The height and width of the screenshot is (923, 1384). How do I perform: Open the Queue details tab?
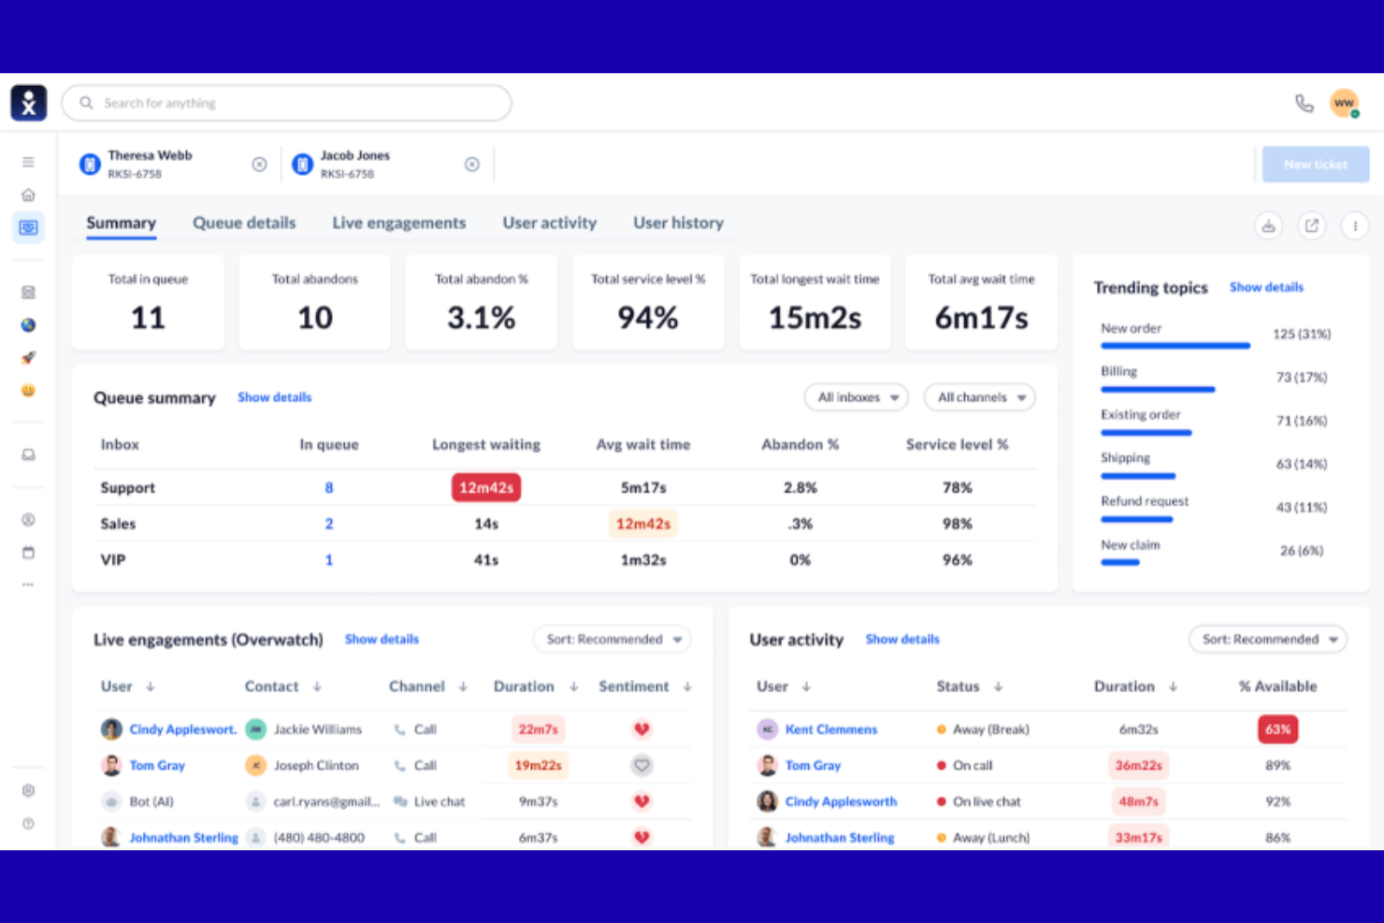(x=244, y=223)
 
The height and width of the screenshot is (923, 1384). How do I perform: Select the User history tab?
(x=678, y=223)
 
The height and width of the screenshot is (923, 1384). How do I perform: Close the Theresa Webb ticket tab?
(x=259, y=165)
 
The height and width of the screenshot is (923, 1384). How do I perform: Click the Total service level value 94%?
(x=647, y=318)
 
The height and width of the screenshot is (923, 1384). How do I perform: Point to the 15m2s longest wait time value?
(x=815, y=318)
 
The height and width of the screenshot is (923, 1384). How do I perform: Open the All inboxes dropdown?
(x=857, y=397)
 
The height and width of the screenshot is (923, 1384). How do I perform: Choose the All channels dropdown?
(x=979, y=397)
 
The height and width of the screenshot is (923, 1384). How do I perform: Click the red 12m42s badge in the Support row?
(x=486, y=487)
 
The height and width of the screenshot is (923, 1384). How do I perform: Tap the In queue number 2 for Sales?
(x=329, y=524)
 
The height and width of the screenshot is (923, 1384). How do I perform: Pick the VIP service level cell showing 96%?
(x=957, y=560)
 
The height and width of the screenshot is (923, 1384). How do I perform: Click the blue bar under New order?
(x=1175, y=346)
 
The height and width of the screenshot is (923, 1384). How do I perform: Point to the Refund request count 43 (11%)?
(x=1301, y=507)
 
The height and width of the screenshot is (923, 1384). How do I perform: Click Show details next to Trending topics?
(x=1265, y=287)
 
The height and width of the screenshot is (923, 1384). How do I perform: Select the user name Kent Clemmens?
(x=831, y=729)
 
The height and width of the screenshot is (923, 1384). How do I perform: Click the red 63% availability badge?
(x=1277, y=729)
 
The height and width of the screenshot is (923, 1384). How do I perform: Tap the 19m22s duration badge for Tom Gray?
(x=538, y=765)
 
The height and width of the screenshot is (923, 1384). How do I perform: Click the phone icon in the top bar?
(x=1304, y=103)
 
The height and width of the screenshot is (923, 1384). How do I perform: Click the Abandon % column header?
(x=800, y=444)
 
